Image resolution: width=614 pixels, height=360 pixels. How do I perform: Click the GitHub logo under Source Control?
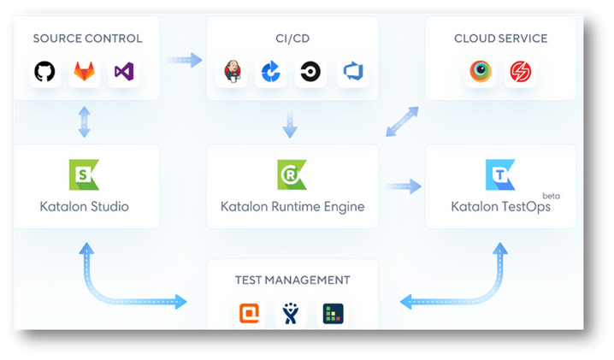[44, 72]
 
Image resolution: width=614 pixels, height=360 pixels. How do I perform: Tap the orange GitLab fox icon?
[84, 72]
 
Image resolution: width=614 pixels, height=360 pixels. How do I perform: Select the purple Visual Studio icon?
[123, 72]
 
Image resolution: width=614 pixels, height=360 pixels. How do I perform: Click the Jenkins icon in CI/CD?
[233, 72]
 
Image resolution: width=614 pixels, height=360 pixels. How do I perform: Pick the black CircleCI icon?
[309, 72]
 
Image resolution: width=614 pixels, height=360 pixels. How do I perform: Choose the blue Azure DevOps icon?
[353, 72]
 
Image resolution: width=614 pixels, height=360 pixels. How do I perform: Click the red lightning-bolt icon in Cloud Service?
[521, 72]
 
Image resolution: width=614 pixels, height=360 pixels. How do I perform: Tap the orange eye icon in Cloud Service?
[481, 72]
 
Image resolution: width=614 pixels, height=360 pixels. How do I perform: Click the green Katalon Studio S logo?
[84, 174]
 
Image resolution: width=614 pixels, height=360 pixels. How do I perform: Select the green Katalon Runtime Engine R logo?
[292, 174]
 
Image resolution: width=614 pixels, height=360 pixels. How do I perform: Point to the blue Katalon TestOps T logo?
[499, 174]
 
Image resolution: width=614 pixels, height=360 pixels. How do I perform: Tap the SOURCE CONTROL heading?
[86, 38]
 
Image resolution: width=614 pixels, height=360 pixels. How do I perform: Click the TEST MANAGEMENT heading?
[292, 280]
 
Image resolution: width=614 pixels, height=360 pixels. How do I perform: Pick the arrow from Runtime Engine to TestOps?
[402, 185]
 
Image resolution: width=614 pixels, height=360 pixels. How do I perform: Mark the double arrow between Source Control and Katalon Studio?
[84, 122]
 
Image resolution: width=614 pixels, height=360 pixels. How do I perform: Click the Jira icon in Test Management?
[292, 314]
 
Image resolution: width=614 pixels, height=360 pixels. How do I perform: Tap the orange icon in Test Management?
[248, 314]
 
